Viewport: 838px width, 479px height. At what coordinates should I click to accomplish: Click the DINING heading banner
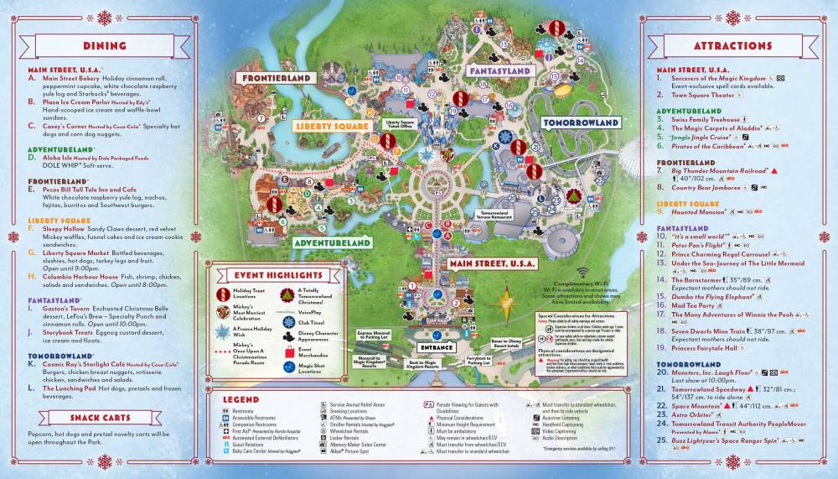pos(105,45)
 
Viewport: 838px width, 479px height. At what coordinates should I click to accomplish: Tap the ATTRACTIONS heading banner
pos(732,45)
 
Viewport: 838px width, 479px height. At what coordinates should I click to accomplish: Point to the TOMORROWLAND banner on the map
pos(580,122)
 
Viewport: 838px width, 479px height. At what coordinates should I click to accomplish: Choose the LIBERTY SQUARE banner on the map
pos(332,127)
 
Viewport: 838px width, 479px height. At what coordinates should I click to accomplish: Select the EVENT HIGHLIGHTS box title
pos(267,274)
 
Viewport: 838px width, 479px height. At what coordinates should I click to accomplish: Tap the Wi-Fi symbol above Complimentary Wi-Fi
pos(581,273)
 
